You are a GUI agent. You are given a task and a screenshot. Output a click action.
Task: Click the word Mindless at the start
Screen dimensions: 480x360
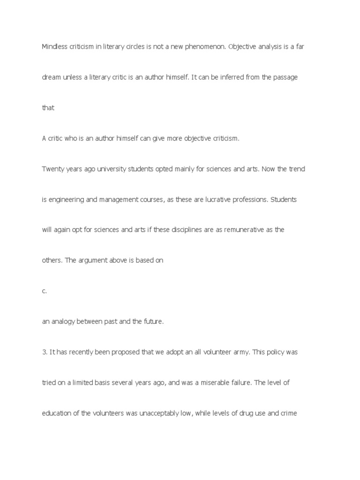[x=54, y=47]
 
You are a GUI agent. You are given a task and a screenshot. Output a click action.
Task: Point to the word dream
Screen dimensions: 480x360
[x=51, y=77]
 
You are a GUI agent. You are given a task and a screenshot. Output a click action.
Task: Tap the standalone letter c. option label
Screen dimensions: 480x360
[x=45, y=291]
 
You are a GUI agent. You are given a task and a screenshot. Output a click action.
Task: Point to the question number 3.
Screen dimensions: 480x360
[x=45, y=352]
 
